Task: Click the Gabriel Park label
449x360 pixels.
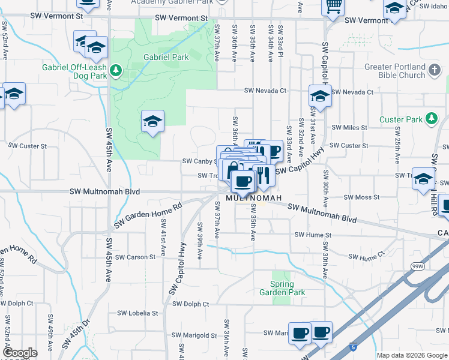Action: pos(166,58)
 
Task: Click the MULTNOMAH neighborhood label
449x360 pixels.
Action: pos(253,198)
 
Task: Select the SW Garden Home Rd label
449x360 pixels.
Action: pos(147,216)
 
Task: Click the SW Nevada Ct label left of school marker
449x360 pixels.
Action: pos(265,91)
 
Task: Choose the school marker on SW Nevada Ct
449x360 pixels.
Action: pos(320,96)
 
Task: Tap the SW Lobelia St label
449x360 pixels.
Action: pos(137,313)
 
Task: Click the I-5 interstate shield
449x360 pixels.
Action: pos(354,347)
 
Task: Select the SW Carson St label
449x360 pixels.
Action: pos(135,257)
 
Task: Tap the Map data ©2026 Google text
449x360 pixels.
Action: pos(412,355)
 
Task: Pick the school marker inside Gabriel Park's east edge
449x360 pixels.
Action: pos(152,122)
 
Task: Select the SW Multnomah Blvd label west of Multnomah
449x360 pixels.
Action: pos(105,192)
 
